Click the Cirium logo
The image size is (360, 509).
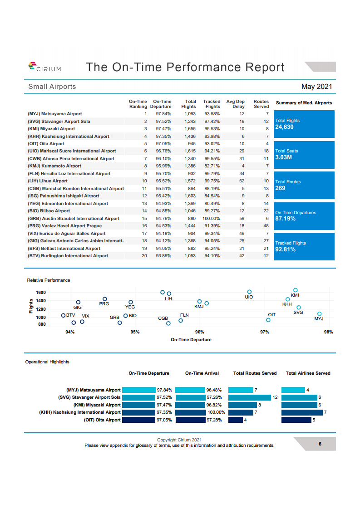(44, 67)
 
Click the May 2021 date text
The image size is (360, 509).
(316, 87)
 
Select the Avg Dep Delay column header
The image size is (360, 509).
(235, 104)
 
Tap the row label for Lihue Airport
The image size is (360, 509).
(48, 181)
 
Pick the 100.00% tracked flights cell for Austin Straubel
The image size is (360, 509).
(212, 218)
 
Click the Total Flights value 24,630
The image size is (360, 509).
(285, 127)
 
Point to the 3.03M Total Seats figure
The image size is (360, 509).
(283, 157)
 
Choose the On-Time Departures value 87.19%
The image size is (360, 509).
(286, 219)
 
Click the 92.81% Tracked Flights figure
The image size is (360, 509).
(286, 250)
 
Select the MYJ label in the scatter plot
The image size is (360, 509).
(319, 319)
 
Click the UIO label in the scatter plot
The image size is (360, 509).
(249, 297)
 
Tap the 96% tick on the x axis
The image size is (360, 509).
(200, 332)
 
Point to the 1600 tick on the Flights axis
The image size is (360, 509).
(40, 293)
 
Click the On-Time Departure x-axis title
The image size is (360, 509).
(191, 339)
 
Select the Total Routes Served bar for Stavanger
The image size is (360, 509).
(250, 397)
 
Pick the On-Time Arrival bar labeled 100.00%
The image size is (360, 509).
(190, 412)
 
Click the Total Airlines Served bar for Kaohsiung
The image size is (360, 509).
(302, 412)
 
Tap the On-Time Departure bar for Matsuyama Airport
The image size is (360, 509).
(139, 390)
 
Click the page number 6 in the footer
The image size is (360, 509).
(320, 444)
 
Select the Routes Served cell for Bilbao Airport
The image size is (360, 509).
(266, 211)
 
